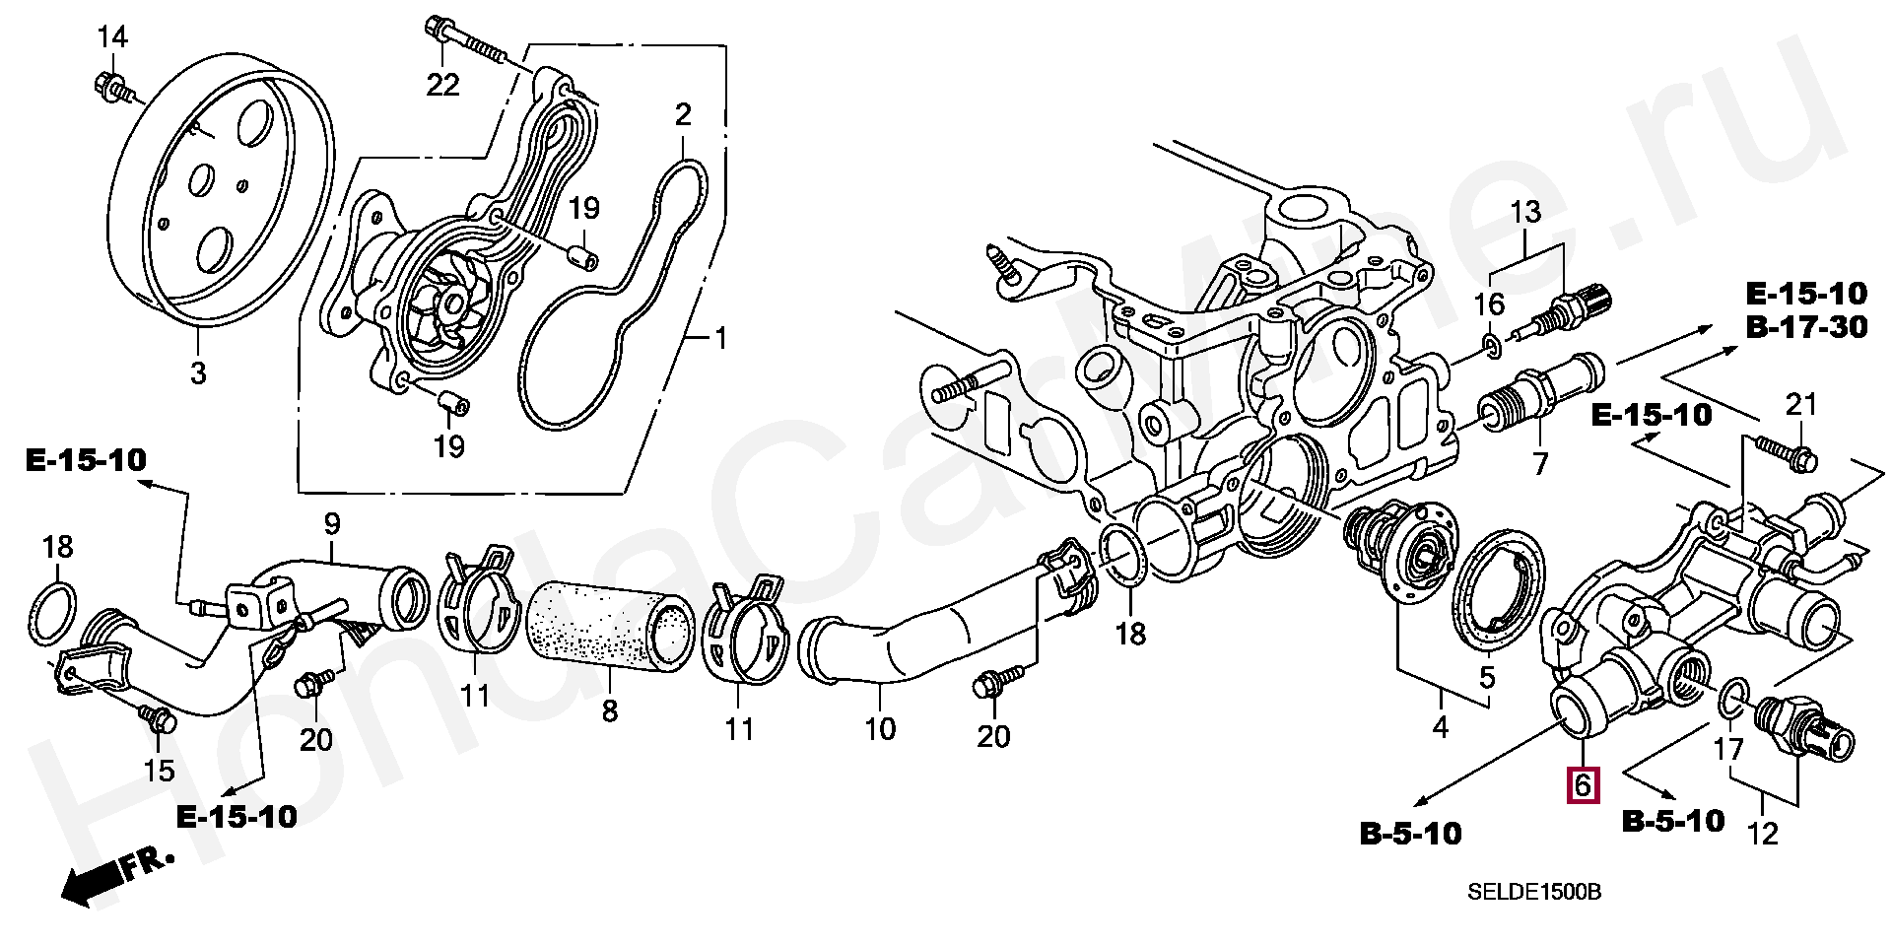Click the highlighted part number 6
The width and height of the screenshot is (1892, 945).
pos(1583,784)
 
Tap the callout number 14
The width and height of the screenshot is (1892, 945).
pos(112,38)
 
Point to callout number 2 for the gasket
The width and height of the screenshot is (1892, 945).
pos(683,114)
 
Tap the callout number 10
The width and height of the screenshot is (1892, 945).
pos(880,728)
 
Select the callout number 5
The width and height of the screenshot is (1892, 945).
pos(1487,677)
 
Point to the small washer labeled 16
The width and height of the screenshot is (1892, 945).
pos(1491,344)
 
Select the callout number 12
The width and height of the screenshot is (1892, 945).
pos(1762,833)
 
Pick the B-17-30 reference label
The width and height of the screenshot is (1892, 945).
pos(1806,327)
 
